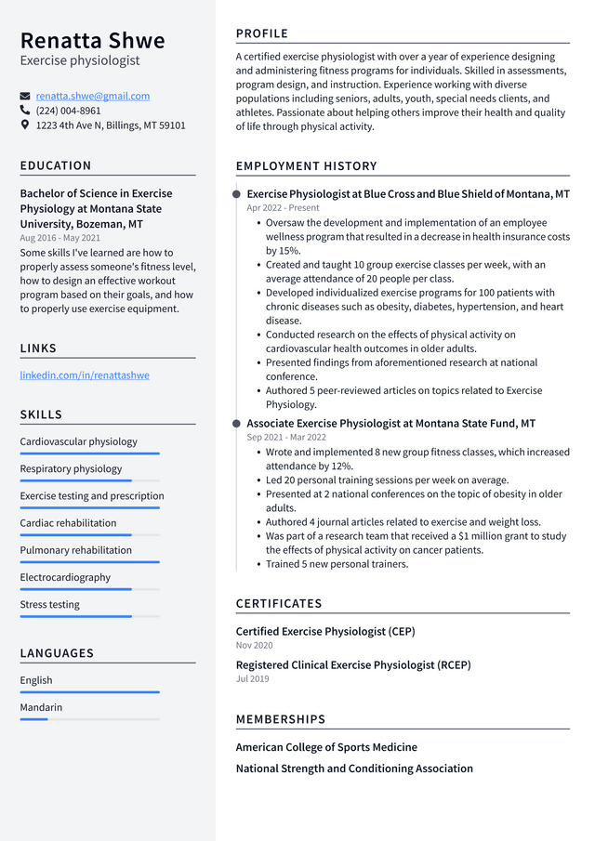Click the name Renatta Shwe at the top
(x=92, y=41)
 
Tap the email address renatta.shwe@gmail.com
(x=92, y=96)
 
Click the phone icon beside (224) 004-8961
(x=25, y=111)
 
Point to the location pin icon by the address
(x=25, y=125)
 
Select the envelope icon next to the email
(x=25, y=96)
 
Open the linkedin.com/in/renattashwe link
(x=85, y=375)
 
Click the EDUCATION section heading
(x=56, y=165)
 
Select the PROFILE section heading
(x=262, y=33)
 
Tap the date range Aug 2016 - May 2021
(x=59, y=238)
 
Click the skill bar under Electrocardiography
(x=89, y=589)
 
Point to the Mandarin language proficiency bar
(x=89, y=719)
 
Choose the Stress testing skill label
(x=50, y=604)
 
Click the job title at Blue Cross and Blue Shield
(x=408, y=194)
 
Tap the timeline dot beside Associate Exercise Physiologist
(x=236, y=424)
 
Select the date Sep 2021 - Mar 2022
(x=286, y=437)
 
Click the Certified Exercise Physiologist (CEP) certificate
(x=325, y=631)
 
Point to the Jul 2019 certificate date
(x=252, y=678)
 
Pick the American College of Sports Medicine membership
(x=326, y=747)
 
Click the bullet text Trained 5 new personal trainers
(x=337, y=564)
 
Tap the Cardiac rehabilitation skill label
(x=68, y=523)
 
